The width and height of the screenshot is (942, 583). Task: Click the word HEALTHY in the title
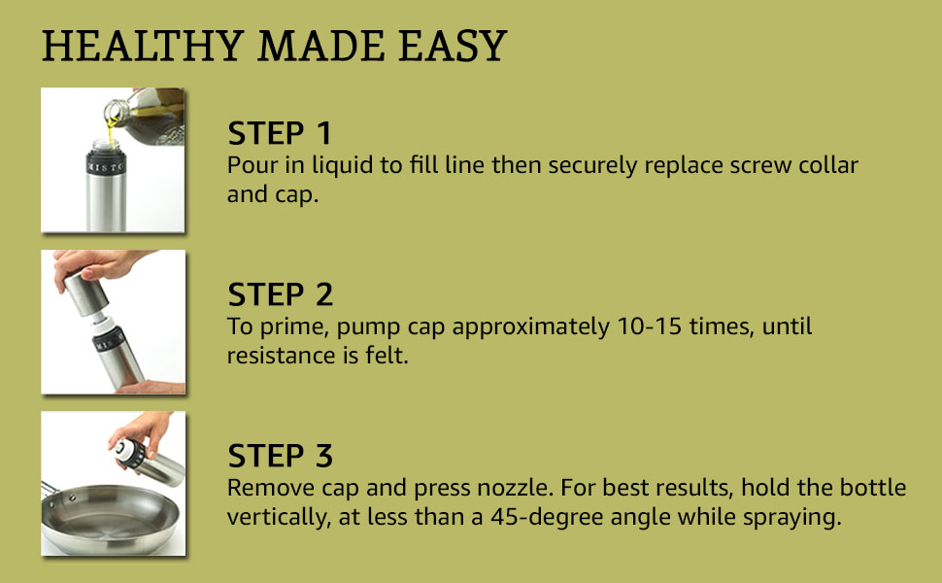pyautogui.click(x=143, y=47)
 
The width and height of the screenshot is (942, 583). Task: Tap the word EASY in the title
pyautogui.click(x=453, y=47)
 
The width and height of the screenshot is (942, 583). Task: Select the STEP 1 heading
pyautogui.click(x=280, y=133)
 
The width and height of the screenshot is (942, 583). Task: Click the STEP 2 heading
pyautogui.click(x=280, y=293)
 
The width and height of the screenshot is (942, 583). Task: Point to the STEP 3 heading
pyautogui.click(x=280, y=455)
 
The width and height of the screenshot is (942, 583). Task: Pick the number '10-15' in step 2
pyautogui.click(x=650, y=326)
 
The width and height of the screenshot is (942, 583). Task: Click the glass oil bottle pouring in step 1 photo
pyautogui.click(x=149, y=116)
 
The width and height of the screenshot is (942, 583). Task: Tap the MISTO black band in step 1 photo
pyautogui.click(x=106, y=165)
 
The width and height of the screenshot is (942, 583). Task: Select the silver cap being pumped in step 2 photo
pyautogui.click(x=85, y=293)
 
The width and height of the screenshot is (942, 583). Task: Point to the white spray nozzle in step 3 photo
pyautogui.click(x=123, y=450)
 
